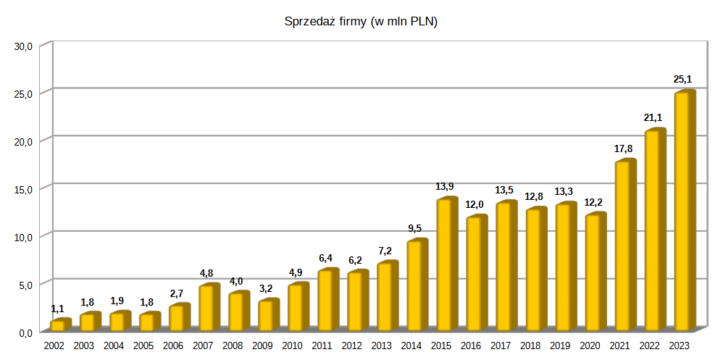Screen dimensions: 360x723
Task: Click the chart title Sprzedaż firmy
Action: [x=361, y=22]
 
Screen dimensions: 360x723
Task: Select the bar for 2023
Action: [x=684, y=210]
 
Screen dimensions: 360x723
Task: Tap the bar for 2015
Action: [x=446, y=264]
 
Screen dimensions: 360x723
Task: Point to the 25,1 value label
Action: [x=683, y=79]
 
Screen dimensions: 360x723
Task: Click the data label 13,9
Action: [x=446, y=186]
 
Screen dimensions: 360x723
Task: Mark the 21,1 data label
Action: [x=653, y=117]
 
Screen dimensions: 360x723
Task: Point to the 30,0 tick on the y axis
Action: [x=24, y=46]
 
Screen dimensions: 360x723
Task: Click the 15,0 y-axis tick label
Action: [x=24, y=189]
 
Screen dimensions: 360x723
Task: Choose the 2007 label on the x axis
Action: [x=203, y=346]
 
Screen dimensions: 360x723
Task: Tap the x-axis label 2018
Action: [x=530, y=346]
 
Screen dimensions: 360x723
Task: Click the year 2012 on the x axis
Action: [x=351, y=346]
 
